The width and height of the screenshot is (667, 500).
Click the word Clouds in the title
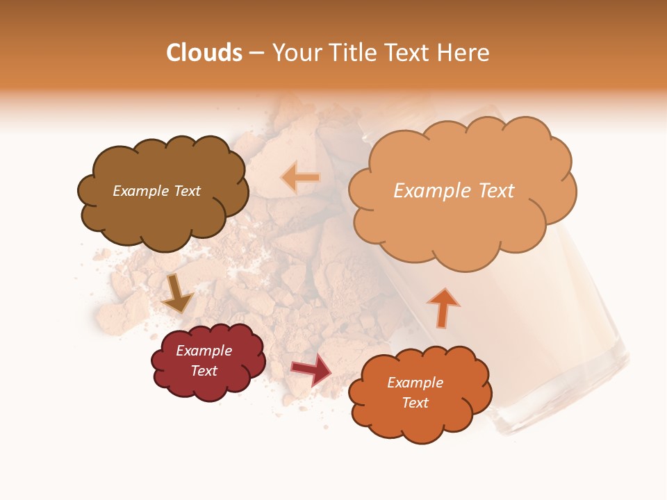pos(204,53)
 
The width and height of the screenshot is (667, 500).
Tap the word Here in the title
pos(465,53)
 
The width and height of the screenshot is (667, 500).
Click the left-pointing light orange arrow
pos(301,178)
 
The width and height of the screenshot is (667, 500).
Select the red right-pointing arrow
pos(312,371)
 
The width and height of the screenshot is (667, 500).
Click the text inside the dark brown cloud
pos(156,191)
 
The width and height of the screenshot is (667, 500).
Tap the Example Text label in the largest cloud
pos(454,191)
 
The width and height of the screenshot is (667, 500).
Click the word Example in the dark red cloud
pos(204,351)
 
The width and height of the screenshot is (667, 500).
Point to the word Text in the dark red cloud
pos(204,371)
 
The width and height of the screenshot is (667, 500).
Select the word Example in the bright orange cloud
pos(415,383)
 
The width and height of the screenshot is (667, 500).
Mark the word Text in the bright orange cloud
pos(415,403)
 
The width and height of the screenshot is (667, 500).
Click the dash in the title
pos(257,53)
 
